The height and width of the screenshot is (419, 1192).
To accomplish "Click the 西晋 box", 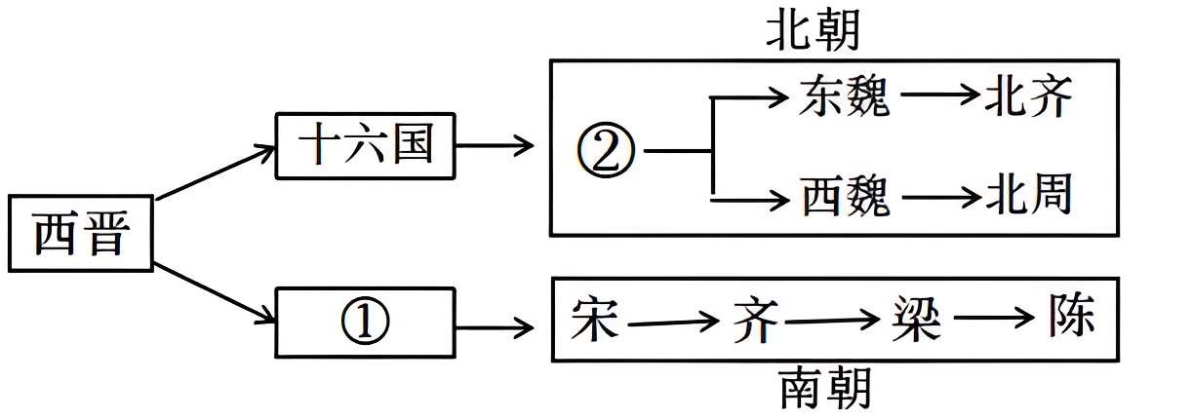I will click(80, 234).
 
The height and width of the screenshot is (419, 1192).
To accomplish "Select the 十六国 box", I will click(366, 146).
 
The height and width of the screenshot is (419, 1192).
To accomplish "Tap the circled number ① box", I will click(366, 322).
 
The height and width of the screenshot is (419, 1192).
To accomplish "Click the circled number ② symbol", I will click(606, 152).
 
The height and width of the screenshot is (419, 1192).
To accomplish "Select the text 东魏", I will click(844, 96).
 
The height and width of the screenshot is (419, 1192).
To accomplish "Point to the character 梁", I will click(916, 318).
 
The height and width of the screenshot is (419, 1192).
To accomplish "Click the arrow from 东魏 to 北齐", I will click(938, 95).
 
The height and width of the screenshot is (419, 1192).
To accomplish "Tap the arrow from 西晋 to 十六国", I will click(215, 173).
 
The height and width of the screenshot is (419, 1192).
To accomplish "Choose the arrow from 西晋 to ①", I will click(215, 292).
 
